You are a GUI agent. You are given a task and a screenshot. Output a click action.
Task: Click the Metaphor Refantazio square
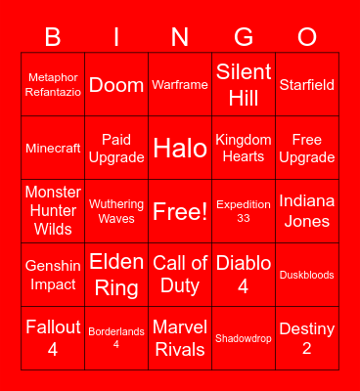click(53, 84)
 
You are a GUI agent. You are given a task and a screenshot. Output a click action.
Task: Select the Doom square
click(116, 84)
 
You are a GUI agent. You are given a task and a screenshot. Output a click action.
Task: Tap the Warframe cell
click(180, 84)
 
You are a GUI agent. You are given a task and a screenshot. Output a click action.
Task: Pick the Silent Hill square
click(244, 84)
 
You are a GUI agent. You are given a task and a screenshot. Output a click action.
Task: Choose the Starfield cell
click(307, 84)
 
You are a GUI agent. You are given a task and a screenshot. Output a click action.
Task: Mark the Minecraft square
click(53, 149)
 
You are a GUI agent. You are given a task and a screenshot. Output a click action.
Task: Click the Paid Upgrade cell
click(116, 149)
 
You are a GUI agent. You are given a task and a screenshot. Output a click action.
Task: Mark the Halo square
click(180, 149)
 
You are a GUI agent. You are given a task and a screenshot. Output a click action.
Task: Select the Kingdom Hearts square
click(244, 149)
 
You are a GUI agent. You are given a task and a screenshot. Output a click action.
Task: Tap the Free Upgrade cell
click(307, 149)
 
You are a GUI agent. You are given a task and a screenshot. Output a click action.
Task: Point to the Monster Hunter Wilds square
click(53, 211)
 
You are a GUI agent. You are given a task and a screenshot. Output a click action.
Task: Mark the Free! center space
click(180, 211)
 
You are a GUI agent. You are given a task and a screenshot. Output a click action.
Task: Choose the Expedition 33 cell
click(244, 211)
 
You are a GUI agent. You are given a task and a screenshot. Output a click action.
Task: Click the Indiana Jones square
click(307, 211)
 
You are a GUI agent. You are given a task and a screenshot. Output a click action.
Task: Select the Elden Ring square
click(116, 275)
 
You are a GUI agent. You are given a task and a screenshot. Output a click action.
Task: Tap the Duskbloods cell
click(307, 275)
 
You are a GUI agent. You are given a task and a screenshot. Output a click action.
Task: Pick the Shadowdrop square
click(244, 338)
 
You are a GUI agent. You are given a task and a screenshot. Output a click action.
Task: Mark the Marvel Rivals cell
click(180, 338)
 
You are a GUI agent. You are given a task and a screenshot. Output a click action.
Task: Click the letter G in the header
click(244, 37)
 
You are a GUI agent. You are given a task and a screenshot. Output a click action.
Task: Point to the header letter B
click(53, 37)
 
